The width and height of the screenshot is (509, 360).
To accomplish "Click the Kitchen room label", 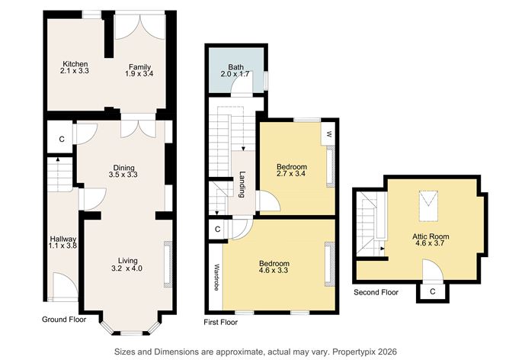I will (75, 63).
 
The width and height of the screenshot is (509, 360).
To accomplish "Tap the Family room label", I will (139, 67).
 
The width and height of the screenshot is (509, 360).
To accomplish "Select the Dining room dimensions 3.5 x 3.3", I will (123, 175).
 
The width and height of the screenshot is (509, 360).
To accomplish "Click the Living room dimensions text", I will (127, 268).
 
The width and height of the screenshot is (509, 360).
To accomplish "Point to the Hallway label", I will (59, 239).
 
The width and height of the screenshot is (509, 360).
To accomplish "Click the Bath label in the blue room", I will (235, 67).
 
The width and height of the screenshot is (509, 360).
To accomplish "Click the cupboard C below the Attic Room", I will (432, 291).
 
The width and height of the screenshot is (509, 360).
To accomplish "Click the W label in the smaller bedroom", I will (329, 135).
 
